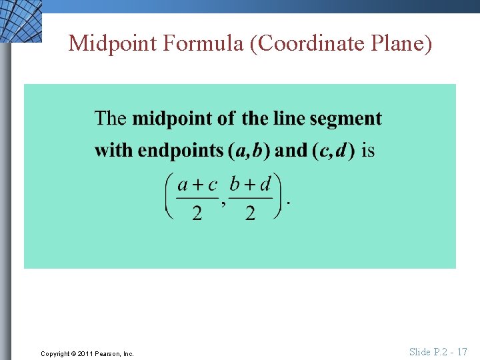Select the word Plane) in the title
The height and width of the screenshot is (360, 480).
pos(399,43)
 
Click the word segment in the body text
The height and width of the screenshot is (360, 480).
pos(347,120)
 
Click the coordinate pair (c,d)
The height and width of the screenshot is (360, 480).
pos(333,151)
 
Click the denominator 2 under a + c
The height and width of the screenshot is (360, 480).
pos(197,214)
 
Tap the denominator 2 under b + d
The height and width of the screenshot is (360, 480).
pos(250,214)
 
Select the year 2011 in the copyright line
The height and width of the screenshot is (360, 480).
pos(85,353)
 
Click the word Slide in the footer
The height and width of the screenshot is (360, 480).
pos(420,352)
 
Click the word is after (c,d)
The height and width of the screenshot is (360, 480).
pos(368,151)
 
